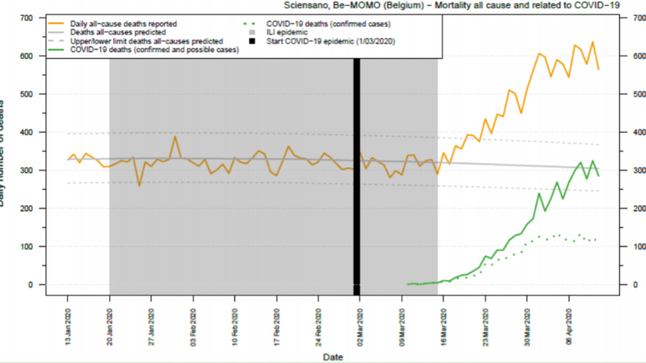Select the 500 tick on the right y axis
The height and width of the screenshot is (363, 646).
pos(629,94)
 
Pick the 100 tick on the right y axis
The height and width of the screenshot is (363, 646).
pos(629,246)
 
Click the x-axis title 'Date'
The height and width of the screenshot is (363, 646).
pos(332,358)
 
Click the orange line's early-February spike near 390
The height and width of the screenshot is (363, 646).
pos(175,137)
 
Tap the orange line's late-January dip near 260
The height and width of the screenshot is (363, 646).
pos(139,185)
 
